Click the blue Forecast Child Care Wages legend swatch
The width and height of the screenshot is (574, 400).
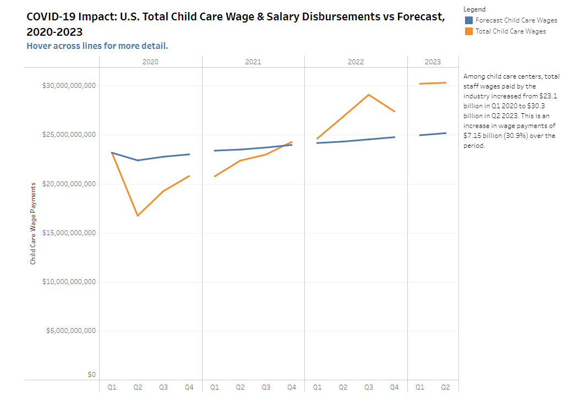click(x=468, y=20)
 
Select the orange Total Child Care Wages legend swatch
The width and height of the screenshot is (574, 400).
click(x=468, y=31)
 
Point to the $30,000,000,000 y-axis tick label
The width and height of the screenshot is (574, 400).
click(x=69, y=86)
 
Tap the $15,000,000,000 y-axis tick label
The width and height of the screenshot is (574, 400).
click(x=69, y=233)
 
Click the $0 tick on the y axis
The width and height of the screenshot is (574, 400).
click(x=91, y=375)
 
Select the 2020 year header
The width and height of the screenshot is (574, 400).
click(x=150, y=62)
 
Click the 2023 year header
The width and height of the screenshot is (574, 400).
click(x=433, y=62)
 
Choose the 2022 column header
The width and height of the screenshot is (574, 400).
click(x=356, y=62)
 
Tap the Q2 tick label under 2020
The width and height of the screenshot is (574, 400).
click(x=138, y=387)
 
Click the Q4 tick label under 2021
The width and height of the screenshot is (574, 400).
click(x=292, y=387)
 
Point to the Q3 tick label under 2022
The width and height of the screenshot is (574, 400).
click(x=369, y=387)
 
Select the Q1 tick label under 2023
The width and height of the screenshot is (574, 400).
click(x=420, y=387)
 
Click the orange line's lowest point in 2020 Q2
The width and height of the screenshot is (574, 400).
click(x=138, y=215)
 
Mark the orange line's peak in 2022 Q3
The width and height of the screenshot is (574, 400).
click(x=369, y=95)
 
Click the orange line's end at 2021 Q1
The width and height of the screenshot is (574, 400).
click(x=215, y=176)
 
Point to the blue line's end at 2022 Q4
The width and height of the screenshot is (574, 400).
click(x=395, y=137)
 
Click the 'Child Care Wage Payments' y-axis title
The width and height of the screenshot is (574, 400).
click(x=33, y=224)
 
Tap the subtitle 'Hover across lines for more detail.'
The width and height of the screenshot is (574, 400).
click(x=97, y=46)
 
